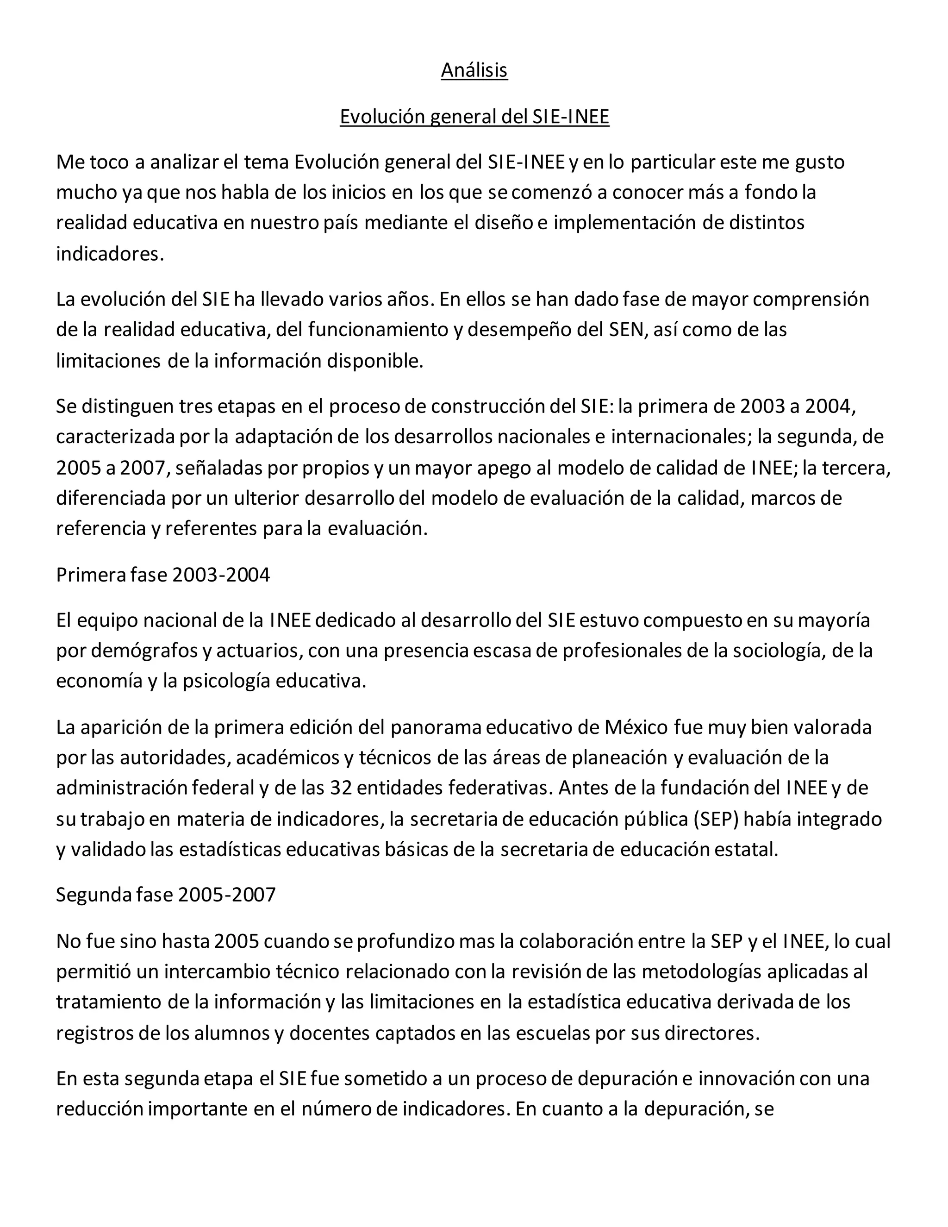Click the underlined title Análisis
(x=474, y=70)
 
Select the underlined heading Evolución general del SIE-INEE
(x=474, y=117)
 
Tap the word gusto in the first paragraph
(x=820, y=163)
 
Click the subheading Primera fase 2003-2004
(x=163, y=575)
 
